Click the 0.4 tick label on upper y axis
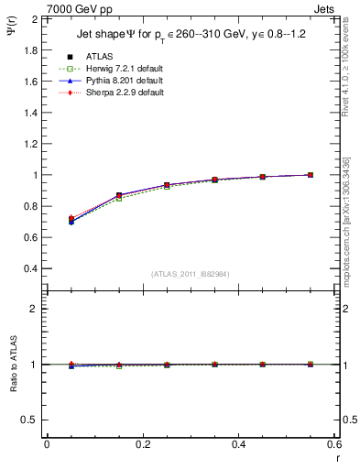click(x=28, y=269)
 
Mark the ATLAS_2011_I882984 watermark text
click(x=190, y=274)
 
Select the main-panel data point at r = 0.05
click(x=71, y=220)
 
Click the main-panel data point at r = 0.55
click(x=311, y=175)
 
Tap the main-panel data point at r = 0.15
click(x=119, y=195)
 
